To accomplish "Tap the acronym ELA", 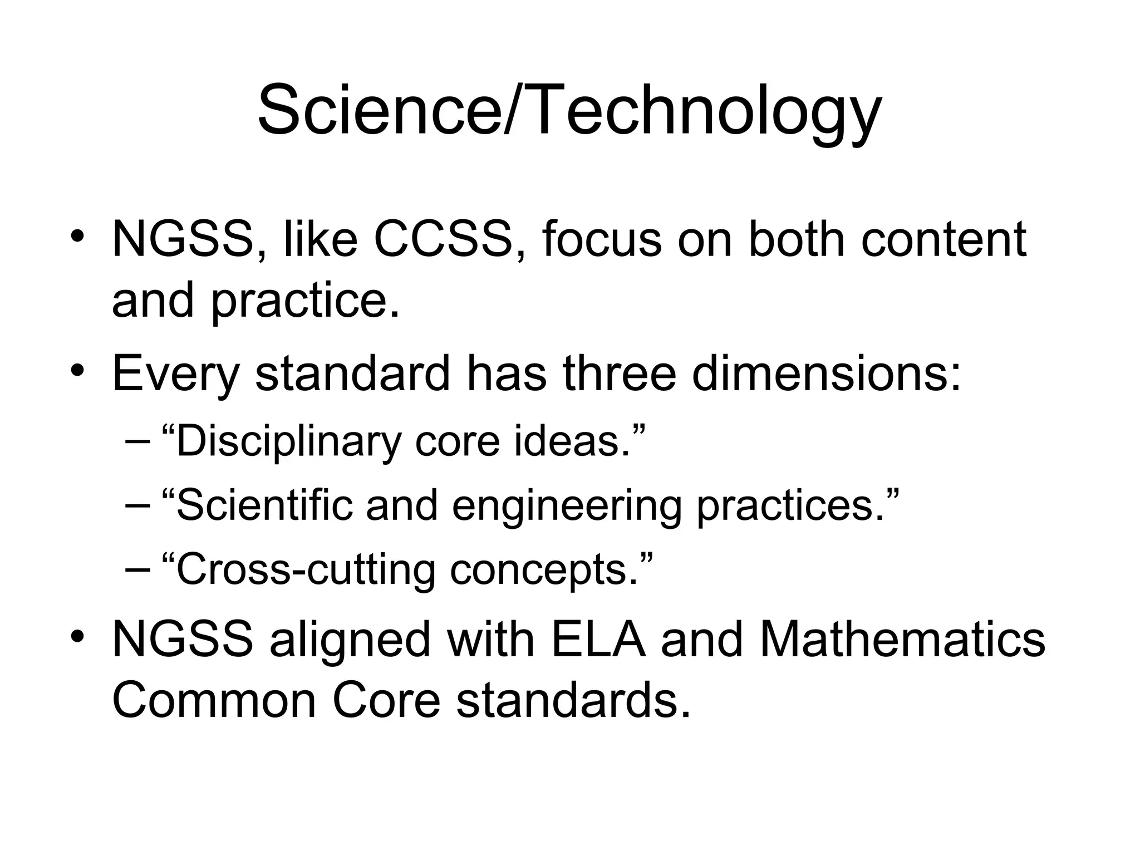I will point(598,639).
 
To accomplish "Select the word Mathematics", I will point(902,639).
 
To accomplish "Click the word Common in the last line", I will point(214,700).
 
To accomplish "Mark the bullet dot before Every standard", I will point(77,368).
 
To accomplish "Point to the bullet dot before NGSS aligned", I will point(77,635).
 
